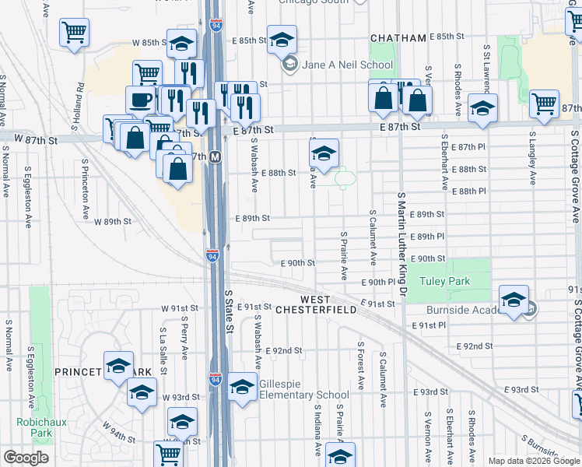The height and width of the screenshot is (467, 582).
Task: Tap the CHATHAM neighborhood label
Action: (398, 38)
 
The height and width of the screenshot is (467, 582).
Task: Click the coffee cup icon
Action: (141, 100)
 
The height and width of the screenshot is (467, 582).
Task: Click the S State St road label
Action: (229, 311)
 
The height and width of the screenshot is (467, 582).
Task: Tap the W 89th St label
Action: (113, 222)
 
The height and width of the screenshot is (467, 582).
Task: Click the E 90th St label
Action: (299, 264)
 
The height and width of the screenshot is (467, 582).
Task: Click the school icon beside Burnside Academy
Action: (514, 300)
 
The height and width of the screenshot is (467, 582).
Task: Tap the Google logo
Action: (26, 458)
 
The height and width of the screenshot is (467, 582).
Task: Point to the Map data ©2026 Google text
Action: (534, 461)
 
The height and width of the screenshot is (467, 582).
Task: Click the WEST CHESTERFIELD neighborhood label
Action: (326, 304)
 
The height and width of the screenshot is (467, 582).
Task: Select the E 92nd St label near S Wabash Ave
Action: (283, 351)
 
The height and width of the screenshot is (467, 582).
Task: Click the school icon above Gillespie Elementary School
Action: (243, 387)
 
